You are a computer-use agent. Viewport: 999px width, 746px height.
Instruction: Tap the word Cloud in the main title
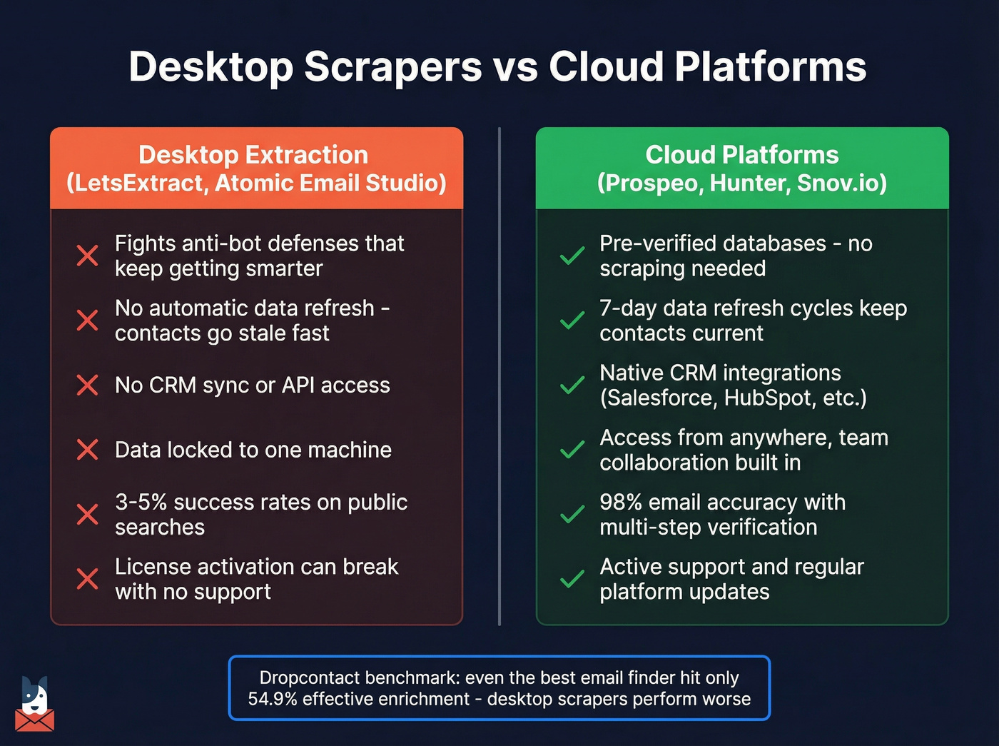[606, 67]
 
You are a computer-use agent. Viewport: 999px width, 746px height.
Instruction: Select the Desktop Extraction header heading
[253, 155]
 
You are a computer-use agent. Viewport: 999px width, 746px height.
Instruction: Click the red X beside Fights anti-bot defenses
[87, 256]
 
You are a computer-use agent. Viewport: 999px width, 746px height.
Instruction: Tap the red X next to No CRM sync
[87, 385]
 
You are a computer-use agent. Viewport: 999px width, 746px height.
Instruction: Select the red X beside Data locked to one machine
[87, 450]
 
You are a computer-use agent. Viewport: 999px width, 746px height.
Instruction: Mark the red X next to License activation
[87, 579]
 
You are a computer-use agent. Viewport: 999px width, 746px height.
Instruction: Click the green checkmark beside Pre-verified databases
[572, 256]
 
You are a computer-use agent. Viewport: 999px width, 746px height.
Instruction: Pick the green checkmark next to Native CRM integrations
[572, 385]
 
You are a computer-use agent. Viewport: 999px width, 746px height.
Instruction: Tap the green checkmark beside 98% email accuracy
[572, 515]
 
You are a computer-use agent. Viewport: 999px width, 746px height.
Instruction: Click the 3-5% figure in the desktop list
[141, 503]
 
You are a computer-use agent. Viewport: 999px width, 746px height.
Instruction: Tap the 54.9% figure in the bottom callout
[273, 699]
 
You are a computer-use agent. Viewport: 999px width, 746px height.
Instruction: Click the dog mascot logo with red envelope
[34, 705]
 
